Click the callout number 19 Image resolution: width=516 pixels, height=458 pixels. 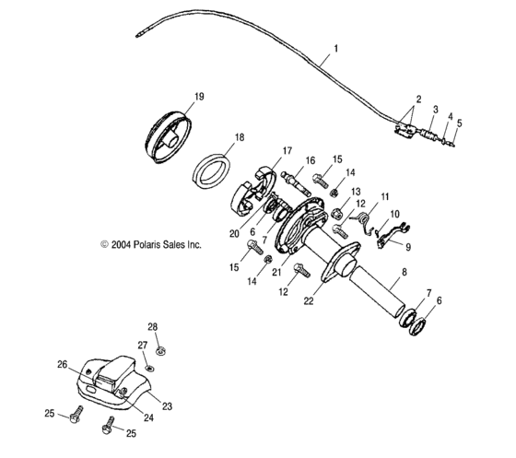[197, 96]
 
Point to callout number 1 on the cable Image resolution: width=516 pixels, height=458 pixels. [335, 48]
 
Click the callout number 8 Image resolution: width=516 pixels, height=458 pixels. [403, 272]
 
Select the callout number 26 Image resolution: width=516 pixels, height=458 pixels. [64, 365]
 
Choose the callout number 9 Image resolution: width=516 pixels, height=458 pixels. [409, 246]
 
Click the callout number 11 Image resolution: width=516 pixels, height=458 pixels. [385, 196]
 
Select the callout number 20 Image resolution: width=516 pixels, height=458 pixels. [233, 233]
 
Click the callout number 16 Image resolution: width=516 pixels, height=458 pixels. [310, 159]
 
